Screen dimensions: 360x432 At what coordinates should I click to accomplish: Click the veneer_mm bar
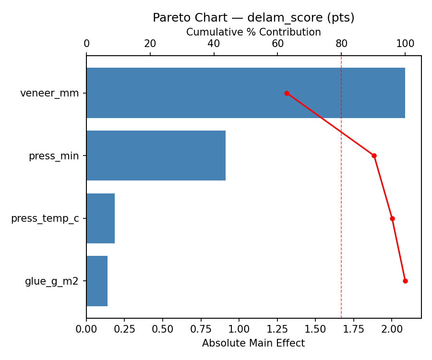(x=245, y=93)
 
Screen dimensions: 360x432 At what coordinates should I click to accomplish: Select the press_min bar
(x=156, y=156)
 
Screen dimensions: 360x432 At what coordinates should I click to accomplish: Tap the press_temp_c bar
(x=100, y=218)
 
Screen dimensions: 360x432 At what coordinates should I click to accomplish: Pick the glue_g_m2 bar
(x=97, y=281)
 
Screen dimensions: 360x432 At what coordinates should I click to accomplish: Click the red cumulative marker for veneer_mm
(x=287, y=93)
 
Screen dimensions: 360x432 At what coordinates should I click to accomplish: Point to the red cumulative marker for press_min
(x=374, y=156)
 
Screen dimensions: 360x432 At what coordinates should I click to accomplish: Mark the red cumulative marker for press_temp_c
(x=392, y=218)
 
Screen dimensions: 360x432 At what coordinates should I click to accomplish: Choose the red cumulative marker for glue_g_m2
(x=405, y=281)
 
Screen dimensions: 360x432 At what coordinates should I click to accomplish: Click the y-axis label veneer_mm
(x=49, y=93)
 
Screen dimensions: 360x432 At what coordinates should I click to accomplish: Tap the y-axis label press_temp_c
(x=45, y=218)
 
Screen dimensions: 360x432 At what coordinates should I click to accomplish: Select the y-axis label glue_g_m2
(x=52, y=281)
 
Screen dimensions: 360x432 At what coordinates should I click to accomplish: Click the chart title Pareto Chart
(x=253, y=18)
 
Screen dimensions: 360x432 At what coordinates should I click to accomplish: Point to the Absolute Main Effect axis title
(x=253, y=343)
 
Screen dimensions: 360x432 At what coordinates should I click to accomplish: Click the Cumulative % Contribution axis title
(x=253, y=32)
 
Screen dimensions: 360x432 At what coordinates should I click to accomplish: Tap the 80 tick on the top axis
(x=341, y=44)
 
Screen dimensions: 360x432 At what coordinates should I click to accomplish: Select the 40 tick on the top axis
(x=214, y=44)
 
